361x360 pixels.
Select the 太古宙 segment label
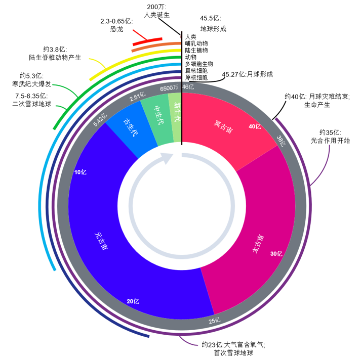click(258, 244)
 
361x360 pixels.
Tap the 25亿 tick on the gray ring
click(215, 320)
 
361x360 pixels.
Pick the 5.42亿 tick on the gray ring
click(101, 119)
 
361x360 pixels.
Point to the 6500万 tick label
click(169, 88)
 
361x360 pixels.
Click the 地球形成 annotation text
click(213, 28)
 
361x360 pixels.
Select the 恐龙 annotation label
click(116, 29)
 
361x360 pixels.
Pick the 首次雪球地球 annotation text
click(233, 352)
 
